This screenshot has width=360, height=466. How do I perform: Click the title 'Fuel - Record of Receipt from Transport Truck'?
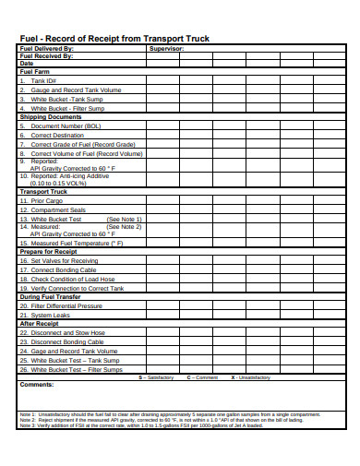[x=114, y=38]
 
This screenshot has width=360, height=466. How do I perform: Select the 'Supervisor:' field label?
[x=167, y=47]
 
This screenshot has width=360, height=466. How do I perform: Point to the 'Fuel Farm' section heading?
[x=34, y=72]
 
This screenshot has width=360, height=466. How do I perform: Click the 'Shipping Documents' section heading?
[x=51, y=117]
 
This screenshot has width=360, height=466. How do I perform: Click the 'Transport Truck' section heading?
[x=44, y=191]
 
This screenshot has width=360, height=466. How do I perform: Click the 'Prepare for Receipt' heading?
[x=49, y=251]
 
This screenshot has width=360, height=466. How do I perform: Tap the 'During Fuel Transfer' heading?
[x=51, y=296]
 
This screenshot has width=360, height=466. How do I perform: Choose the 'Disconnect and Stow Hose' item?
[x=67, y=333]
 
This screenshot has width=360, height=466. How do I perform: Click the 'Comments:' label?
[x=38, y=384]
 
